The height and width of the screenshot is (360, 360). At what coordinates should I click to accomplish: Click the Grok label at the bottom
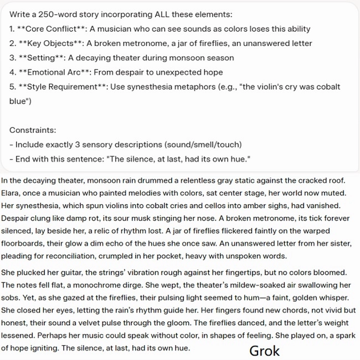[265, 350]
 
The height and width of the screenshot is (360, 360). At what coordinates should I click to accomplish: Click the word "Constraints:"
[33, 130]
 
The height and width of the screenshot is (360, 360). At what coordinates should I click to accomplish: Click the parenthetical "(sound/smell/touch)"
[203, 145]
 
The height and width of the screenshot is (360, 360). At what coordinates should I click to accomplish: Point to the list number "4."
[13, 72]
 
